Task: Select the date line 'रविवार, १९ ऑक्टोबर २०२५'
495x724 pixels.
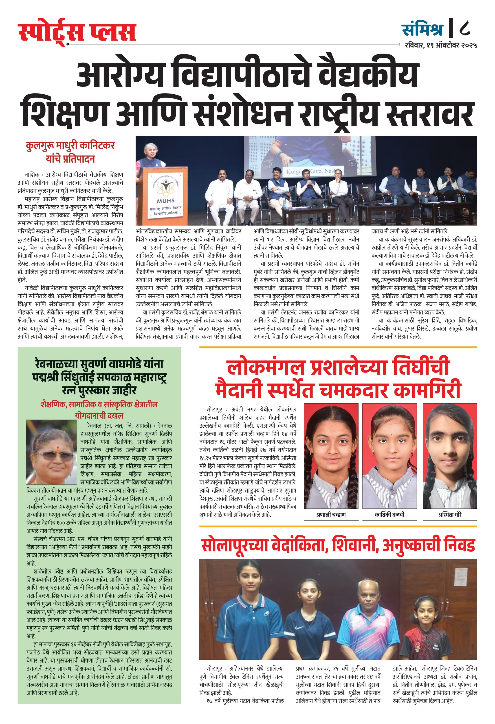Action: [x=441, y=45]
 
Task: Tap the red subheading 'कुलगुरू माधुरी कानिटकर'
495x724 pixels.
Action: [x=70, y=146]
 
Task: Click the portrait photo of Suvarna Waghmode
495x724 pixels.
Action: [x=51, y=452]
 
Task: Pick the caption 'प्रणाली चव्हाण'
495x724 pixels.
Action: [x=331, y=515]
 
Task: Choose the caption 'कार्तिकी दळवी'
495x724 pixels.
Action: [x=389, y=515]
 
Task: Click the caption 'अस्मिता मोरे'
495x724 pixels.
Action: [x=450, y=515]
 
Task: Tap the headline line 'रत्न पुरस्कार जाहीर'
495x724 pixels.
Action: [x=99, y=390]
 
